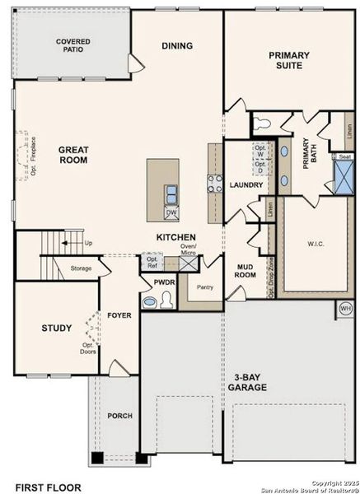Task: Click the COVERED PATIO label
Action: pos(73,44)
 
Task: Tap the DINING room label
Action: pos(177,46)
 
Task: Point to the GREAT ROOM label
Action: pos(73,155)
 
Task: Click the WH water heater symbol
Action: pos(345,309)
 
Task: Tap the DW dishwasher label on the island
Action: pos(171,212)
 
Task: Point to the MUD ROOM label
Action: pos(245,272)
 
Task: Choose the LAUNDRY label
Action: pos(245,184)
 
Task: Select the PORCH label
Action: pos(119,416)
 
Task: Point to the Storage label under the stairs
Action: pos(81,268)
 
